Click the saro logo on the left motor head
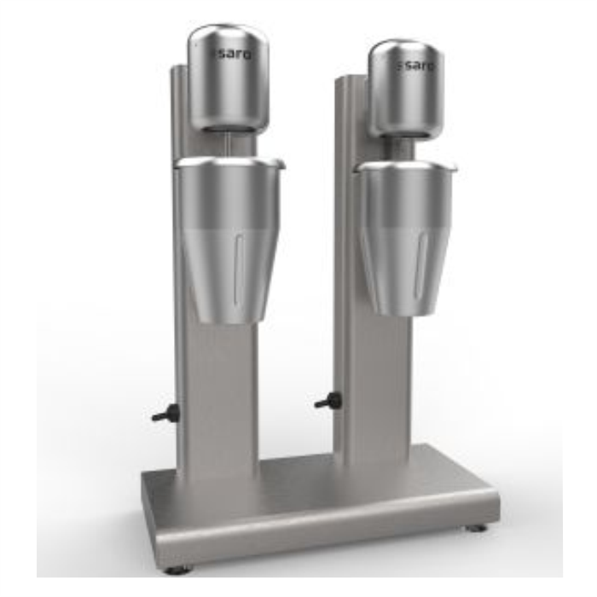point(231,55)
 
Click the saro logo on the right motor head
point(414,66)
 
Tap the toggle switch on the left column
point(165,413)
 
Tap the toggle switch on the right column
point(327,401)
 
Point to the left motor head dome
point(229,78)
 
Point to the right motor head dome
point(406,88)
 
